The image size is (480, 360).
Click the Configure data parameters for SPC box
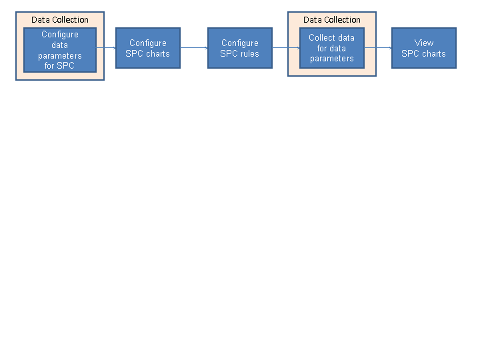coord(60,50)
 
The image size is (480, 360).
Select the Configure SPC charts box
coord(148,48)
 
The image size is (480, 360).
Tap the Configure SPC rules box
coord(240,48)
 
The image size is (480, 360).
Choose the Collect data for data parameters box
coord(332,48)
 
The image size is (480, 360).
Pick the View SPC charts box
coord(424,48)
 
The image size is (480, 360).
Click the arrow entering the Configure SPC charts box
coord(107,48)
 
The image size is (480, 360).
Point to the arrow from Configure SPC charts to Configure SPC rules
coord(194,48)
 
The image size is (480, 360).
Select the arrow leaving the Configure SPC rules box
coord(286,48)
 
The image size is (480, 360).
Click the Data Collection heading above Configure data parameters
coord(60,20)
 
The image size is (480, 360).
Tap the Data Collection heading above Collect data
coord(332,20)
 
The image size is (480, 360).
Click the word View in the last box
coord(424,43)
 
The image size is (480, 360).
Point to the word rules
coord(249,53)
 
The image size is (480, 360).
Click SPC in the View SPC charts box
coord(410,53)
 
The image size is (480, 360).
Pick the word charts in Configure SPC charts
coord(157,53)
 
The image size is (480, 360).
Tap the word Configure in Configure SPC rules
coord(240,43)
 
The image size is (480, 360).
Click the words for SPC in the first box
coord(60,66)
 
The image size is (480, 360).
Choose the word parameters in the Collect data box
coord(332,59)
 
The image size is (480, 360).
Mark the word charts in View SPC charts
coord(433,53)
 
